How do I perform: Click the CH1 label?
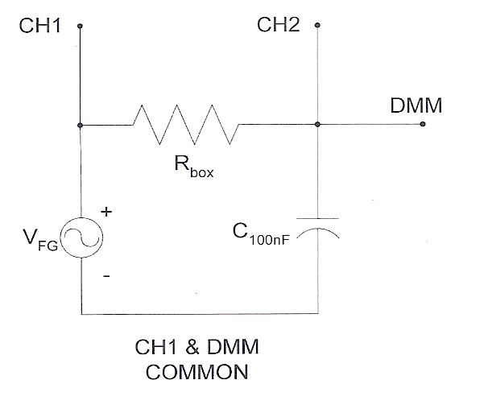[39, 25]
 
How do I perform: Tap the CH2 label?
[278, 25]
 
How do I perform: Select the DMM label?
[416, 106]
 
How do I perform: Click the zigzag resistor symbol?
[185, 125]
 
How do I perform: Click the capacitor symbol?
[318, 225]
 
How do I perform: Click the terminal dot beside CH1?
[80, 26]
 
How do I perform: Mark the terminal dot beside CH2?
[318, 26]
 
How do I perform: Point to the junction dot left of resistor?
[81, 125]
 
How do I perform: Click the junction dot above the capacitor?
[318, 125]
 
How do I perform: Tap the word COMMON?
[197, 374]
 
